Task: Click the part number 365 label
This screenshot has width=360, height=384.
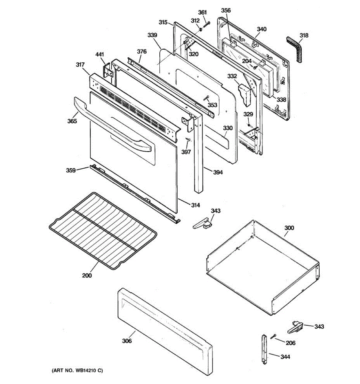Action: click(72, 121)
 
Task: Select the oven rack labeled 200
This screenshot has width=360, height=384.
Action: click(102, 230)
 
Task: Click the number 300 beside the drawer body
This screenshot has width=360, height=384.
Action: click(289, 228)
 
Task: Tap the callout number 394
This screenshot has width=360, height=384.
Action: click(218, 172)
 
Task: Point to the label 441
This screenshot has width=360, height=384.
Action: click(100, 55)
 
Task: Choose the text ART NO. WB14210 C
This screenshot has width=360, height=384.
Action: click(77, 371)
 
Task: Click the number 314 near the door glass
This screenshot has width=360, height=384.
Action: click(195, 205)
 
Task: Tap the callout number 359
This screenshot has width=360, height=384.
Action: click(71, 170)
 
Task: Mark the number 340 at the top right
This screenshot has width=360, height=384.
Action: click(261, 29)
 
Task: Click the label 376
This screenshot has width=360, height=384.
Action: click(142, 52)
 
